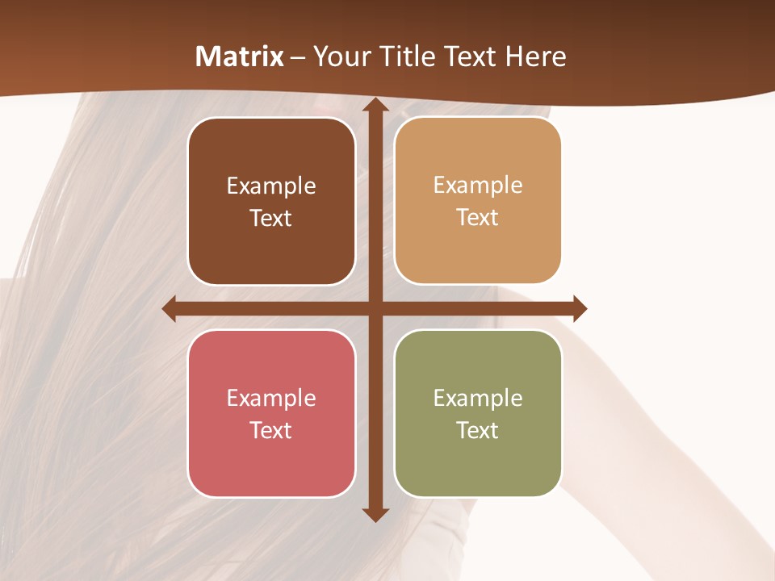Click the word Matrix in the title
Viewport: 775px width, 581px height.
tap(240, 56)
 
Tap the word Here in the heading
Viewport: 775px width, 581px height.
tap(535, 56)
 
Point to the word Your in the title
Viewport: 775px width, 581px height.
tap(338, 56)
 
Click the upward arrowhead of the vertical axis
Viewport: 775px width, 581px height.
tap(375, 106)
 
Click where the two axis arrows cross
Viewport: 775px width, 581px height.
tap(375, 308)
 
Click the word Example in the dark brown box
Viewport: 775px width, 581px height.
tap(271, 186)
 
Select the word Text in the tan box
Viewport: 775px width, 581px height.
tap(478, 218)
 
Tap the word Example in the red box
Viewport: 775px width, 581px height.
tap(271, 398)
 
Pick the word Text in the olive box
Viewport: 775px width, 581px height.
tap(478, 430)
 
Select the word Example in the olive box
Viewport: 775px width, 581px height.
tap(478, 398)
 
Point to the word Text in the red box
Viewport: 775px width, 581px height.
tap(271, 430)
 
